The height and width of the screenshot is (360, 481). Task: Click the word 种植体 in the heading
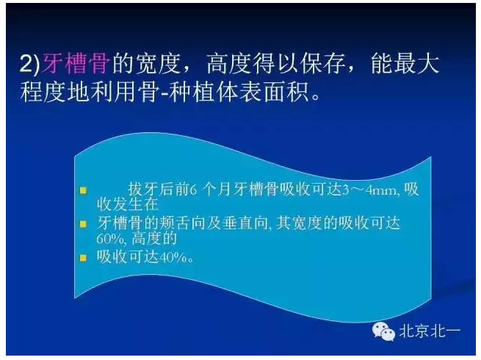click(x=234, y=94)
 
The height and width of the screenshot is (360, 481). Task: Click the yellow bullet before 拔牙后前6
click(x=84, y=190)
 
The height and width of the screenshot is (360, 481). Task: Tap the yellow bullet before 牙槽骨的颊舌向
click(x=84, y=222)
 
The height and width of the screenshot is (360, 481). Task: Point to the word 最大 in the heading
click(x=419, y=65)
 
